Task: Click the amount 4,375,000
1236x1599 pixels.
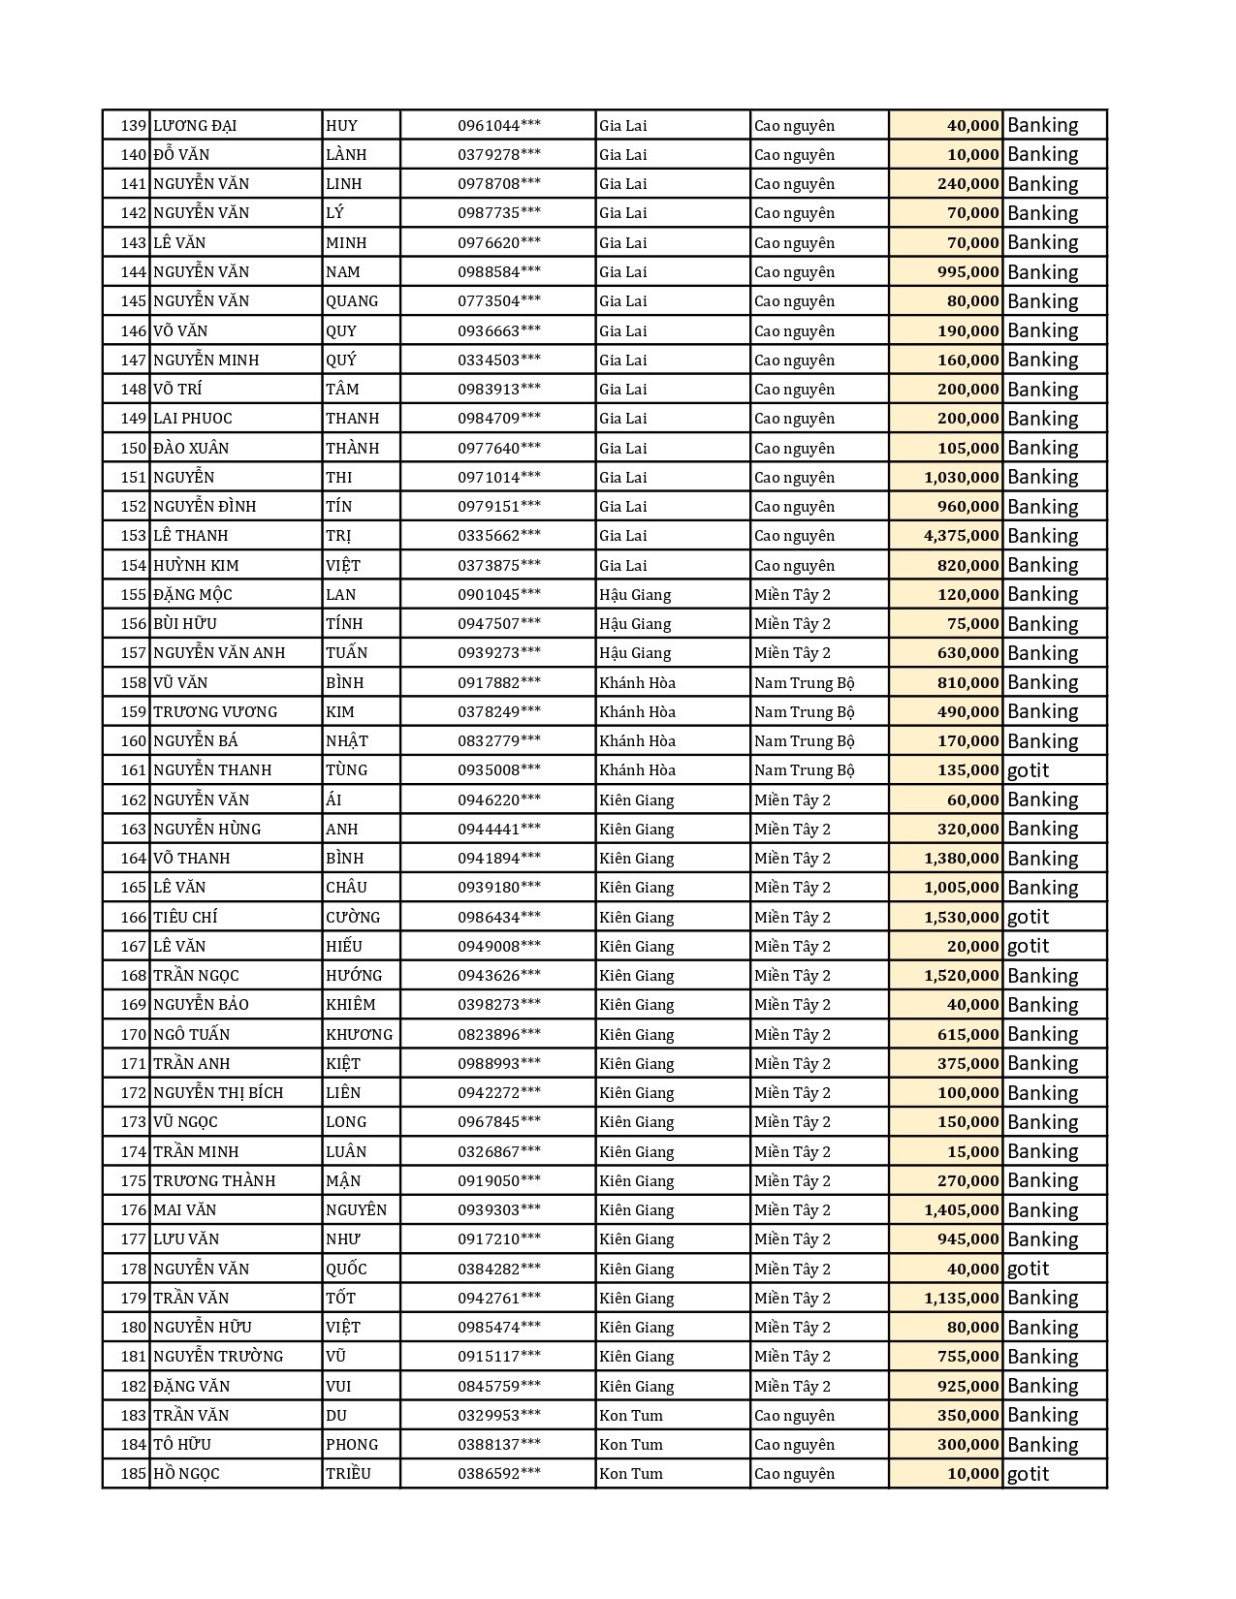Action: [961, 536]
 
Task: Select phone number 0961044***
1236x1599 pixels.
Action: [499, 126]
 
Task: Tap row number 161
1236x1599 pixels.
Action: [134, 770]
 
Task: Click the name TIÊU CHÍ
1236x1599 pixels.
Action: [185, 917]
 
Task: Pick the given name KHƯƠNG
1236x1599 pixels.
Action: [359, 1034]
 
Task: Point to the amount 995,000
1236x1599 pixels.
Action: [967, 272]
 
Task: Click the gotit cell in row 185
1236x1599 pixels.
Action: [1028, 1474]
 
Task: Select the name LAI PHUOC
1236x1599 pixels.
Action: [193, 419]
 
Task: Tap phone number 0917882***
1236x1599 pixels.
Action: [499, 682]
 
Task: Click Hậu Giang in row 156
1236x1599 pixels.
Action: [635, 624]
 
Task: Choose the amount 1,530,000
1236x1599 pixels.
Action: [961, 917]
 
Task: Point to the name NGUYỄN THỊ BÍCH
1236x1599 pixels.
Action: [218, 1093]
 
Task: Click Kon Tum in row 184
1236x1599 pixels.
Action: [631, 1445]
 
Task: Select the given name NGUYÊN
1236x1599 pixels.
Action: [356, 1210]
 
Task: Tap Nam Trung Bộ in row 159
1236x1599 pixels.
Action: [805, 712]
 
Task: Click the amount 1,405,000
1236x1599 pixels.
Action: [961, 1210]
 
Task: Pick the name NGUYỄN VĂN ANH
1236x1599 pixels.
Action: [219, 653]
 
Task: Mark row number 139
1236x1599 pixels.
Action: [134, 126]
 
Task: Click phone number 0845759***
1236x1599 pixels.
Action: [499, 1386]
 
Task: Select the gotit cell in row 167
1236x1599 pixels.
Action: [1028, 947]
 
